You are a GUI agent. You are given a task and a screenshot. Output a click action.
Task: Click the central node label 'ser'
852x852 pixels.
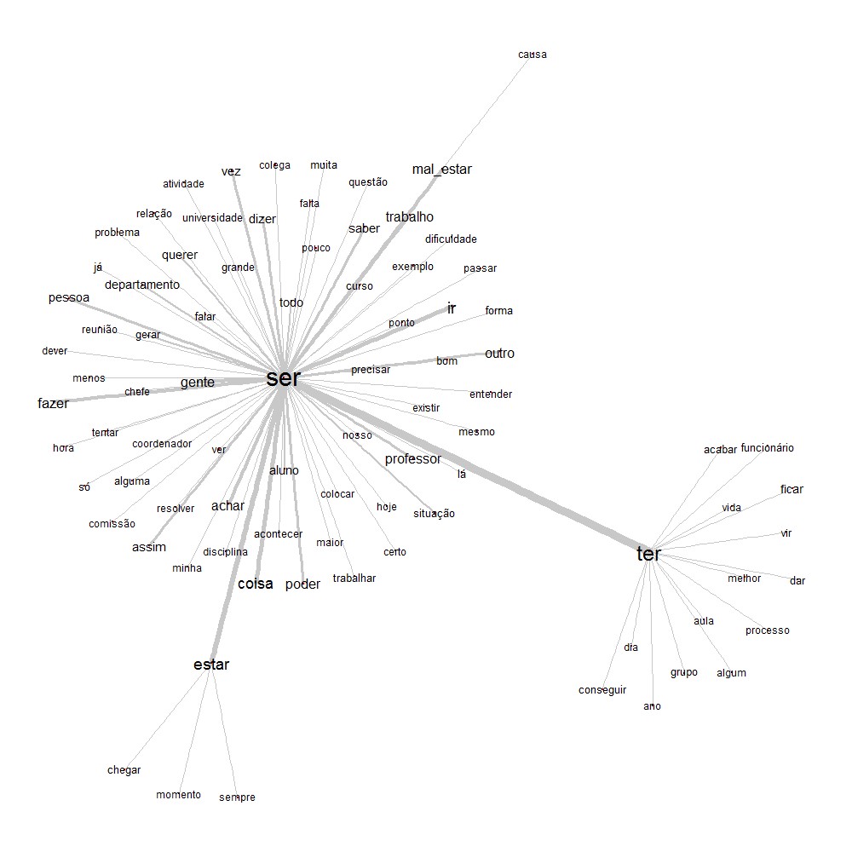point(283,378)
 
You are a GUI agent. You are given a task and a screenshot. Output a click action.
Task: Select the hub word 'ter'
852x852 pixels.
point(648,554)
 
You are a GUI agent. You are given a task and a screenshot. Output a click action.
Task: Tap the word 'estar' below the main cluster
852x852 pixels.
point(211,665)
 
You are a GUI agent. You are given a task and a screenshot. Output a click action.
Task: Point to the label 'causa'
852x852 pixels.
point(532,55)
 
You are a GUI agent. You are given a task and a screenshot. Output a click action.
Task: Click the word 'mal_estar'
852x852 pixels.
point(441,170)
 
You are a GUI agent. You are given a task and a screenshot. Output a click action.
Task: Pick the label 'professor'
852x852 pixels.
point(412,459)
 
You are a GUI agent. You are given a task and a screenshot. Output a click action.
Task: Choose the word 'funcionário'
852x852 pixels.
point(767,448)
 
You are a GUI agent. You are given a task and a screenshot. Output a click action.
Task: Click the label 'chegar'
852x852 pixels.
point(124,770)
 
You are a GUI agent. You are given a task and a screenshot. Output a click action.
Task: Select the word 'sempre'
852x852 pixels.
point(237,797)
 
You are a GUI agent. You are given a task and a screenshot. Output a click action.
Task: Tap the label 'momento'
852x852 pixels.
point(178,795)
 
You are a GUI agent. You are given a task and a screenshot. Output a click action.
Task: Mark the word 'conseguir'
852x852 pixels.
point(602,690)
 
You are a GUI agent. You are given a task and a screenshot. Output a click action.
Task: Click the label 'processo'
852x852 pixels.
point(767,630)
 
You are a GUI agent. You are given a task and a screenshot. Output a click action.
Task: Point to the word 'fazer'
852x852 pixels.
point(53,404)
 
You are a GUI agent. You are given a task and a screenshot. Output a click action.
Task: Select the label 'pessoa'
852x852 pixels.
point(68,298)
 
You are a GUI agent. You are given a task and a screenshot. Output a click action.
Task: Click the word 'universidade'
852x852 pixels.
point(212,218)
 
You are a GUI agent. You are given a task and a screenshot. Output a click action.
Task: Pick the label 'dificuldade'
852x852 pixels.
point(451,239)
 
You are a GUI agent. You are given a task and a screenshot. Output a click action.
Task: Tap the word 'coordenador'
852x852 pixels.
point(162,444)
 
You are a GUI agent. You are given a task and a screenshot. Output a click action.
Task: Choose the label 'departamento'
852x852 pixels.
point(142,285)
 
